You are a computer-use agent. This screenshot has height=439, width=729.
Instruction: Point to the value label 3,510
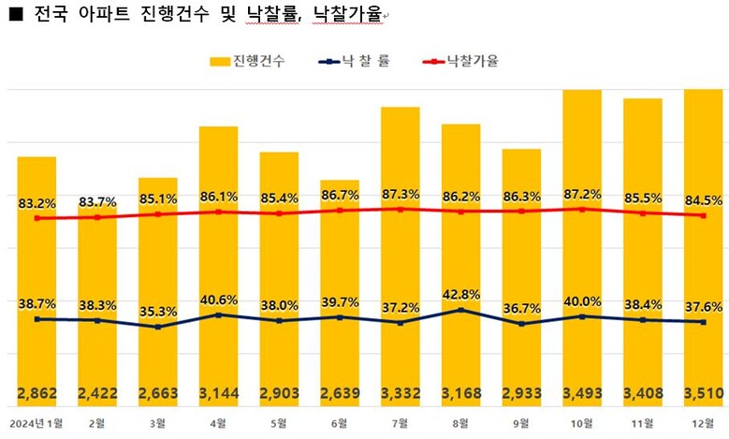[705, 392]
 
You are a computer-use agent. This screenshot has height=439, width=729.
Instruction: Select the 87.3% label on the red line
[401, 193]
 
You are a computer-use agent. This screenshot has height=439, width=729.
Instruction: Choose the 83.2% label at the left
[36, 202]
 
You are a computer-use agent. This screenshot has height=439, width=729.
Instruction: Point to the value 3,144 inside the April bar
[218, 392]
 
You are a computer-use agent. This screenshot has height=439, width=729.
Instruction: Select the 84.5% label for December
[705, 198]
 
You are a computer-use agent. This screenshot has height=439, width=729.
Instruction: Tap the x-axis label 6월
[340, 423]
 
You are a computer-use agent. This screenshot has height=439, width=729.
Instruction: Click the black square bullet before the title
[15, 15]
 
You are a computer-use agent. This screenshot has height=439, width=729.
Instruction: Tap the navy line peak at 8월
[461, 310]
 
